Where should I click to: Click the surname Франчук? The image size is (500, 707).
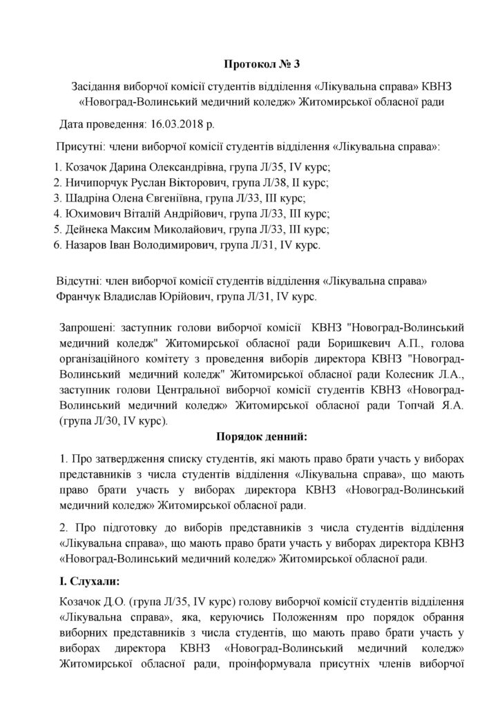[x=76, y=298]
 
